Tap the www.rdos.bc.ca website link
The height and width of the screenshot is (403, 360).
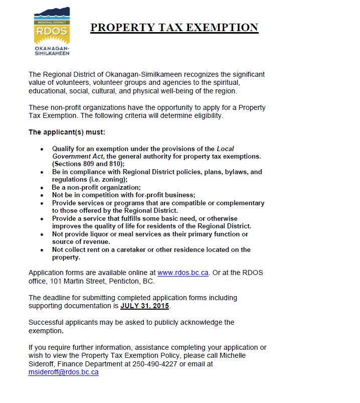tap(184, 273)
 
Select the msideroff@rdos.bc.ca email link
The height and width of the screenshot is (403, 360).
tap(64, 372)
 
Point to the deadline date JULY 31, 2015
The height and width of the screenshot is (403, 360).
tap(145, 306)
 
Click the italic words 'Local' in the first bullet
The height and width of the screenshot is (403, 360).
tap(225, 149)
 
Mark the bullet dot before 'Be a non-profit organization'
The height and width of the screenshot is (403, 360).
tap(42, 188)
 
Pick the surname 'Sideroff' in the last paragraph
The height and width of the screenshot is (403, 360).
tap(43, 364)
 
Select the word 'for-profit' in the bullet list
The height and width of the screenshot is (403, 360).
tap(154, 195)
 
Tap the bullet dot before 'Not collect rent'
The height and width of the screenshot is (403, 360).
tap(42, 249)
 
